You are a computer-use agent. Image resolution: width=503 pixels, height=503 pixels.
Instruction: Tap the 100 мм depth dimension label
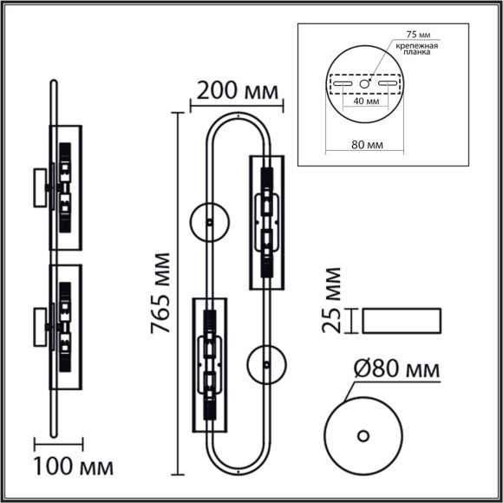[73, 467]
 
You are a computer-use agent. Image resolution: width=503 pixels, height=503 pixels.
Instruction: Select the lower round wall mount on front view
[266, 364]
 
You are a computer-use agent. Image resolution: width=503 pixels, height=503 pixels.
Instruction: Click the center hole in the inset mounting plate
[365, 83]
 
